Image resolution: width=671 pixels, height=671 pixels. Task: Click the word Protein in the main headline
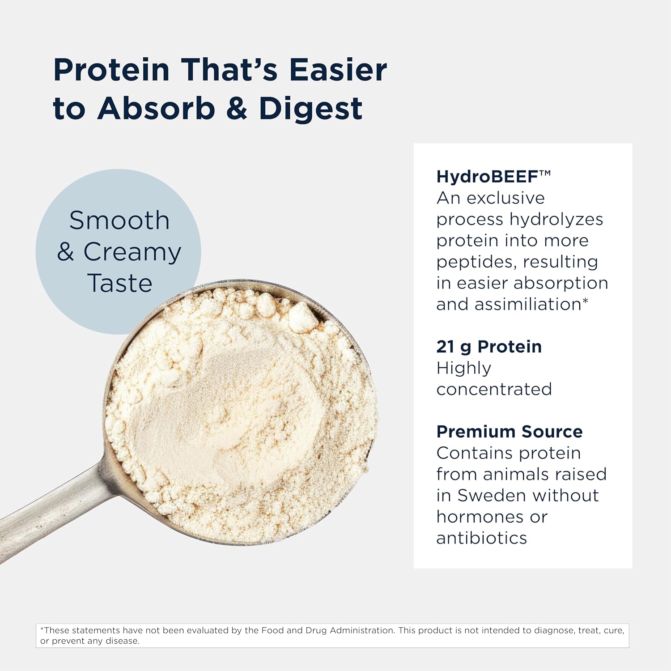tap(111, 70)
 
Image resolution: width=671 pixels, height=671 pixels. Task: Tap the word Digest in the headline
tap(310, 109)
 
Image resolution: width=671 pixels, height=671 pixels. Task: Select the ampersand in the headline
tap(237, 109)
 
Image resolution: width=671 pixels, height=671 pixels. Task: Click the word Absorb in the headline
tap(156, 109)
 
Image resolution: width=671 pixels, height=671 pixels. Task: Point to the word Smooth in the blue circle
tap(119, 221)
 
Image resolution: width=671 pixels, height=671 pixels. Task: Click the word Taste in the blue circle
tap(120, 283)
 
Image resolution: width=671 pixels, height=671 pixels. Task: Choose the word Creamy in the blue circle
tap(132, 252)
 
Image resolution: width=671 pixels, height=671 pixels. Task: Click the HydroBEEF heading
tap(487, 177)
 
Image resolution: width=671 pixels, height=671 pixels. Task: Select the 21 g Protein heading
tap(489, 347)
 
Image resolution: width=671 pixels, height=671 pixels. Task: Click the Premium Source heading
tap(510, 432)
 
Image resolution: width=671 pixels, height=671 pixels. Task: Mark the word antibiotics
tap(482, 538)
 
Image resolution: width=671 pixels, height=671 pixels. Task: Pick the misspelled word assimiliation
tap(527, 305)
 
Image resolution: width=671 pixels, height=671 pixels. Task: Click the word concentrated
tap(494, 390)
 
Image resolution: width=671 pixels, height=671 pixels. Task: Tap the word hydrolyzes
tap(556, 220)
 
